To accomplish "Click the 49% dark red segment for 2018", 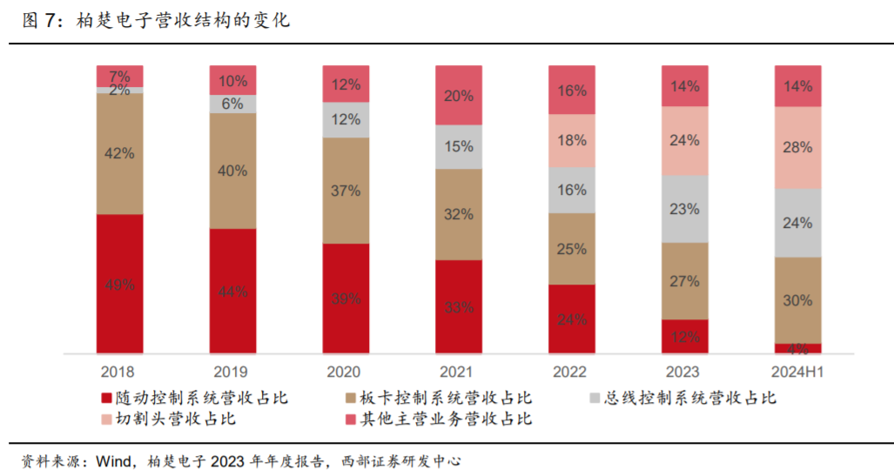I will (119, 284).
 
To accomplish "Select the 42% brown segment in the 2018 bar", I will (119, 153).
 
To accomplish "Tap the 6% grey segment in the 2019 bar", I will (232, 104).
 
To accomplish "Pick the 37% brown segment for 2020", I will (346, 191).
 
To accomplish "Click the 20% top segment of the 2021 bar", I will (459, 96).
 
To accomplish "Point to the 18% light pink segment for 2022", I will (572, 141).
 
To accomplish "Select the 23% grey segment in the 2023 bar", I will (685, 209).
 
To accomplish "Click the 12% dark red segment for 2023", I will (685, 337).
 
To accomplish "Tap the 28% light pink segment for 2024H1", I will (798, 148).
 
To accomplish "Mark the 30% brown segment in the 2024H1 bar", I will (798, 300).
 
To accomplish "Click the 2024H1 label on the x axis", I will (798, 372).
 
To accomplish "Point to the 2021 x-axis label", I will (459, 372).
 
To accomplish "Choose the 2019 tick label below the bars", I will (232, 372).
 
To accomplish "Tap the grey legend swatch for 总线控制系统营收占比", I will (595, 399).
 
